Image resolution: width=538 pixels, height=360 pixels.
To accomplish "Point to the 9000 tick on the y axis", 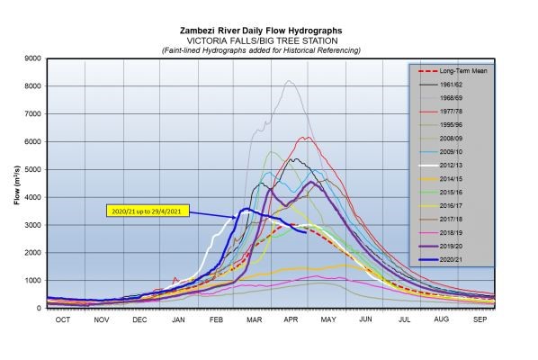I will [x=31, y=58].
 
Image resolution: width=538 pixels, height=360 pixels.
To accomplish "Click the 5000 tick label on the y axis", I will [x=31, y=169].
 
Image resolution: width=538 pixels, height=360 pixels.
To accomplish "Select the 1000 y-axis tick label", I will [x=31, y=280].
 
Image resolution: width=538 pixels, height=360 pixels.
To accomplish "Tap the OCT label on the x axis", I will [x=64, y=319].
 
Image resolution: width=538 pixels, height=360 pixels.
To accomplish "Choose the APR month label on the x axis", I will [x=290, y=319].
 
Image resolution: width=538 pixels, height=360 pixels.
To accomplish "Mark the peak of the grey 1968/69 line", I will [x=289, y=81].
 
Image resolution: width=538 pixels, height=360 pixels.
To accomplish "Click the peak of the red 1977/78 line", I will [x=306, y=137].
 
